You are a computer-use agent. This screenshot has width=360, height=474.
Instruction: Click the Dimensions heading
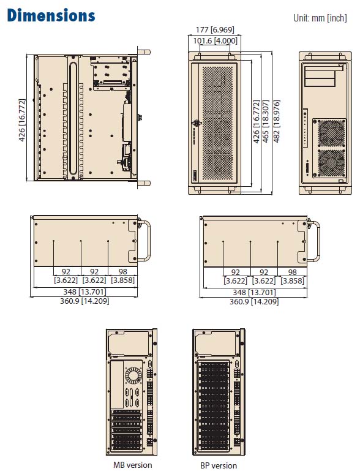(51, 15)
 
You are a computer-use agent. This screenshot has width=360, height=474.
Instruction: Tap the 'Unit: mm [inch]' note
(320, 18)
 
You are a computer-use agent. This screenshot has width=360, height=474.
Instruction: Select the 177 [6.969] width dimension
(215, 29)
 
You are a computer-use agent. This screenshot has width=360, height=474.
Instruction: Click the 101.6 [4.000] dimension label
(215, 40)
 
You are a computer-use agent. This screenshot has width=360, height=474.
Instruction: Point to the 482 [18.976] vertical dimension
(277, 121)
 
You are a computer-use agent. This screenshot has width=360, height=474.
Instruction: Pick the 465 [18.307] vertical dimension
(266, 121)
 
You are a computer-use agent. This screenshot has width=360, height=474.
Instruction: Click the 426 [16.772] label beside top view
(22, 119)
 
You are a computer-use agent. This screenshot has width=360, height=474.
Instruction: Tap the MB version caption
(133, 465)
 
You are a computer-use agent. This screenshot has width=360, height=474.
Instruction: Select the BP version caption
(219, 465)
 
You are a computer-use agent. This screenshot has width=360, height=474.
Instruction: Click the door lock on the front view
(197, 122)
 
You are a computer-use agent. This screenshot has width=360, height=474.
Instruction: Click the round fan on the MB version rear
(133, 375)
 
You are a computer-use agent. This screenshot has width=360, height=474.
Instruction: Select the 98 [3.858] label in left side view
(122, 276)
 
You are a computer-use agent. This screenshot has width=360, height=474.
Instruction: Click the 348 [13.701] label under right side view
(254, 292)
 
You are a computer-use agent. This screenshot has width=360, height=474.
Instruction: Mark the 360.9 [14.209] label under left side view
(84, 301)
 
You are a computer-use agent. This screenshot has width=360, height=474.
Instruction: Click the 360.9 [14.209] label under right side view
(254, 301)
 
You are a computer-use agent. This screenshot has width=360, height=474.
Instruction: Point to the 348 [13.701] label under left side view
(84, 292)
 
